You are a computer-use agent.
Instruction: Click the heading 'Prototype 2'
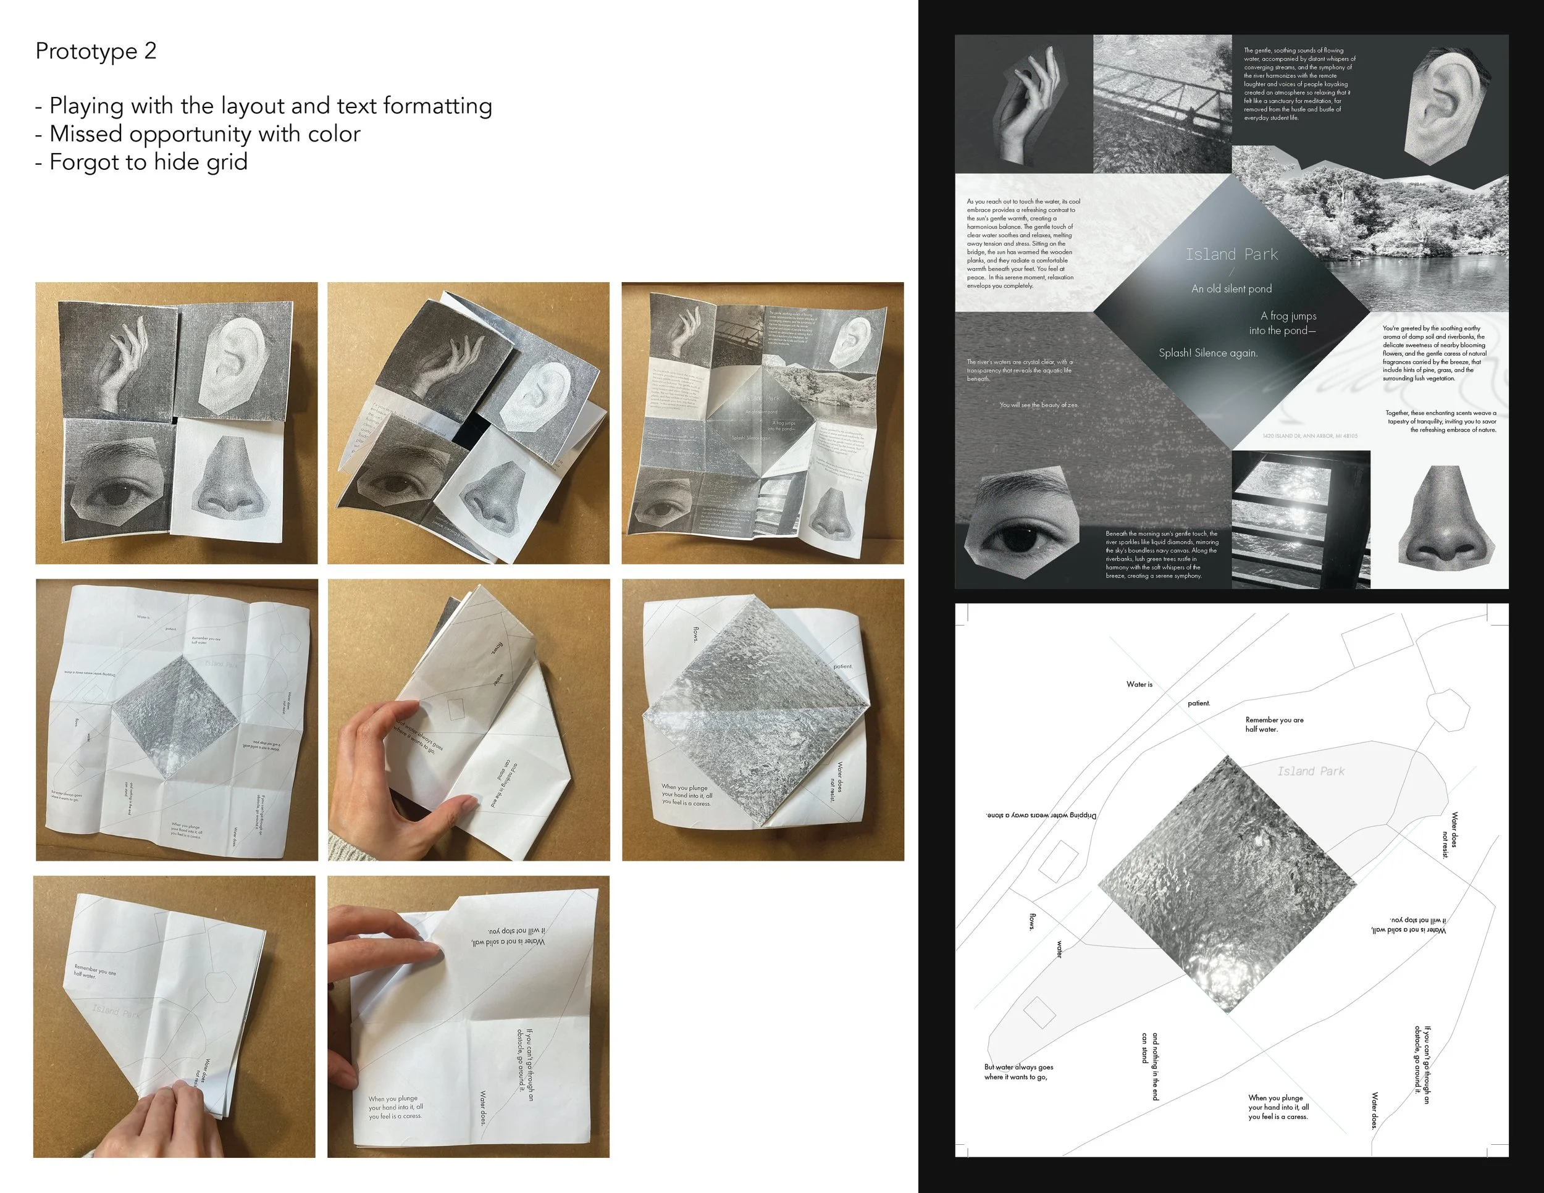click(x=96, y=51)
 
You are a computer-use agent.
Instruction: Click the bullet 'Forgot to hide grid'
click(x=148, y=162)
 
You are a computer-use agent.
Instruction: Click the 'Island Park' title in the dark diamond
click(x=1231, y=254)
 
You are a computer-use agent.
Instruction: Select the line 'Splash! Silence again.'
click(x=1208, y=353)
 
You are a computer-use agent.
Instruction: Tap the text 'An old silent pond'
click(x=1231, y=288)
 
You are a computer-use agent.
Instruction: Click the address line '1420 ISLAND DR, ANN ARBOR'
click(x=1309, y=436)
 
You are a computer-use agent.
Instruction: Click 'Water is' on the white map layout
click(x=1139, y=684)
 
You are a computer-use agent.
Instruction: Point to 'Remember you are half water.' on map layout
click(x=1274, y=724)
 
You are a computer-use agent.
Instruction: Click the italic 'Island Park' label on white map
click(x=1311, y=771)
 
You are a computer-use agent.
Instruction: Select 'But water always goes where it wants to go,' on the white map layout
click(x=1018, y=1071)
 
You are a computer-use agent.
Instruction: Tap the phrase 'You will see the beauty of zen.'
click(x=1038, y=405)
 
